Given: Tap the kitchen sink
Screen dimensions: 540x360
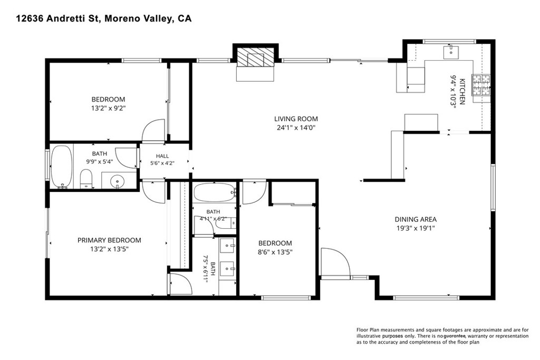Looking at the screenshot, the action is pyautogui.click(x=451, y=53).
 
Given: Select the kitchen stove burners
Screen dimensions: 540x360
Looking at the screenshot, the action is pyautogui.click(x=481, y=85).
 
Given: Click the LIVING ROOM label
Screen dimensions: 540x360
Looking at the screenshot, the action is pyautogui.click(x=296, y=119).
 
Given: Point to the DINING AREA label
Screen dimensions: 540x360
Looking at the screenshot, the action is pyautogui.click(x=416, y=219).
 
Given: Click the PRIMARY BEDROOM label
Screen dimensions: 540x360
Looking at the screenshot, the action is pyautogui.click(x=109, y=240).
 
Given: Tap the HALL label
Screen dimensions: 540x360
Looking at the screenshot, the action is pyautogui.click(x=162, y=156).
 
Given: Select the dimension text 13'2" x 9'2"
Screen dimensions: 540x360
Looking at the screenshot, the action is pyautogui.click(x=109, y=109).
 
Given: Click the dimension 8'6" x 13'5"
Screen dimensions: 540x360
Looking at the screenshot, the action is pyautogui.click(x=275, y=252).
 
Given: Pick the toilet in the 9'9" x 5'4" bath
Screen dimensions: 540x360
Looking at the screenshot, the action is pyautogui.click(x=86, y=179).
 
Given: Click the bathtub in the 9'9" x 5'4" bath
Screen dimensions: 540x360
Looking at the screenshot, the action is pyautogui.click(x=62, y=167).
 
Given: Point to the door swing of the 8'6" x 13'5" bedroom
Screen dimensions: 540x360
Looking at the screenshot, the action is pyautogui.click(x=255, y=192).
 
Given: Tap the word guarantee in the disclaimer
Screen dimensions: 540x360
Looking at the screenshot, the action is pyautogui.click(x=455, y=336).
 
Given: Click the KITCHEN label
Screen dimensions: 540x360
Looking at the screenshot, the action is pyautogui.click(x=462, y=92).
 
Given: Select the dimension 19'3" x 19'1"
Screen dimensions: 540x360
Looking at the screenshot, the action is pyautogui.click(x=416, y=228).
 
